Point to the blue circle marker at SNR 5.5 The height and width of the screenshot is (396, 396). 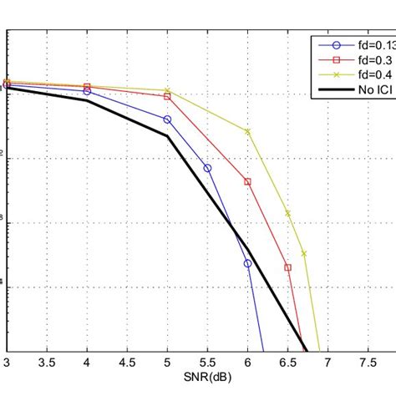pyautogui.click(x=207, y=168)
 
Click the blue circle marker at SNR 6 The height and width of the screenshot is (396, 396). pyautogui.click(x=247, y=263)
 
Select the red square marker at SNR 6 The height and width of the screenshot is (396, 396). pyautogui.click(x=247, y=181)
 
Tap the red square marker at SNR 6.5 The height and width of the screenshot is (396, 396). pyautogui.click(x=287, y=267)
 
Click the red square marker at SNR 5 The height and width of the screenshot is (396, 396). pyautogui.click(x=167, y=97)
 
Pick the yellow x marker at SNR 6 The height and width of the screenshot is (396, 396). pyautogui.click(x=247, y=131)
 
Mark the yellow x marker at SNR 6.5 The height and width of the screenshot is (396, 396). pyautogui.click(x=287, y=213)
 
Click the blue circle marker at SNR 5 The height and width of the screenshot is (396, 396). pyautogui.click(x=167, y=119)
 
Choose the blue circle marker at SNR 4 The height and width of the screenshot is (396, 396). pyautogui.click(x=87, y=91)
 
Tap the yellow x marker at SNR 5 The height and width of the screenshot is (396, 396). pyautogui.click(x=167, y=90)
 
